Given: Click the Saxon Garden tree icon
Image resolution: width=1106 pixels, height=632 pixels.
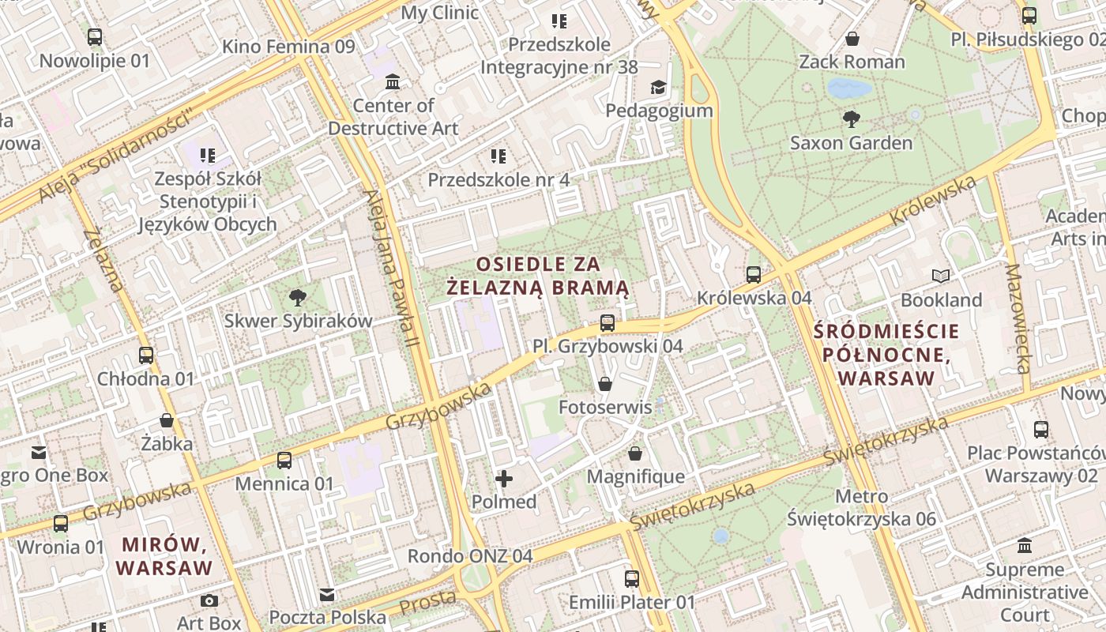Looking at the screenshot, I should (851, 119).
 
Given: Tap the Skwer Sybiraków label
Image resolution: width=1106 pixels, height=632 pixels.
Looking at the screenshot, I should (298, 321).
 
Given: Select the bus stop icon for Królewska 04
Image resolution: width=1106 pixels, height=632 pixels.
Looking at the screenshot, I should (754, 275).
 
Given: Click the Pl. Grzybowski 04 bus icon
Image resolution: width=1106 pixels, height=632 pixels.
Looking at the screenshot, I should (607, 323).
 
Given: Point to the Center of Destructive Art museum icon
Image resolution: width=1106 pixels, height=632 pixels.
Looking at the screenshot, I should (393, 82).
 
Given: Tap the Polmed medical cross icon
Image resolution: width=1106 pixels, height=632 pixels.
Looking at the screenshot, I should (503, 478).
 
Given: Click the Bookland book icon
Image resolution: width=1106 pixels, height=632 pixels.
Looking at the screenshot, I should (940, 276).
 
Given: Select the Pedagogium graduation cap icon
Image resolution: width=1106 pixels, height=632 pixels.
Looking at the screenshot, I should (658, 87).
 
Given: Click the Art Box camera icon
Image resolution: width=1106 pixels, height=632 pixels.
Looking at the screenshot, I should (209, 600).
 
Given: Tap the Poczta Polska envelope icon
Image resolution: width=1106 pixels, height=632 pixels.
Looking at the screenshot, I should (327, 595).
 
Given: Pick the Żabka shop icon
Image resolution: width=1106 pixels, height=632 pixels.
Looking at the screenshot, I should (167, 420).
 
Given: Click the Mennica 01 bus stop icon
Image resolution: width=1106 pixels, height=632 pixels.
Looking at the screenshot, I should (284, 461).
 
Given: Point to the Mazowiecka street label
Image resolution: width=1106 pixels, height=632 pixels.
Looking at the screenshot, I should (1018, 318).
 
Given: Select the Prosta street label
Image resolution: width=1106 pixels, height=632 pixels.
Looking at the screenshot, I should (427, 602).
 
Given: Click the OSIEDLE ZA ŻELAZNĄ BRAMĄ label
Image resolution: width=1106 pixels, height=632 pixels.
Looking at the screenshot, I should (538, 276).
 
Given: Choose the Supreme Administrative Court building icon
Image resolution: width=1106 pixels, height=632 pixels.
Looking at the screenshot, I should (1025, 546).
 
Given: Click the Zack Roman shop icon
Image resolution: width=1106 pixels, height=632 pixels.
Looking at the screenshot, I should (852, 39).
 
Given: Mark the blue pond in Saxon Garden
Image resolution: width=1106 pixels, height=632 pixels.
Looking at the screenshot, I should (850, 88).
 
